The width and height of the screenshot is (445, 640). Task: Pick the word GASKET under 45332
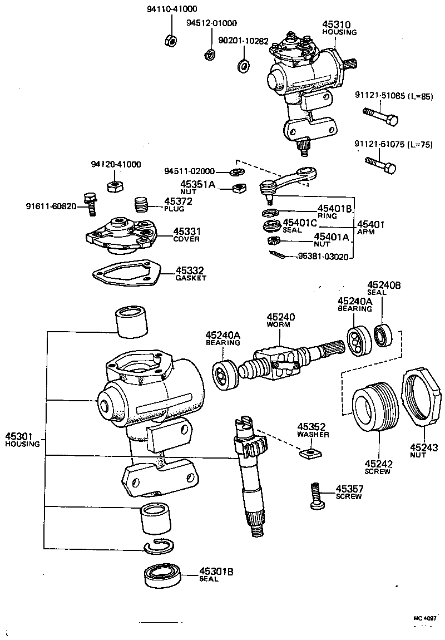[191, 278]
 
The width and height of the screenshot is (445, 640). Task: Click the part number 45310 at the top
[337, 24]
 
